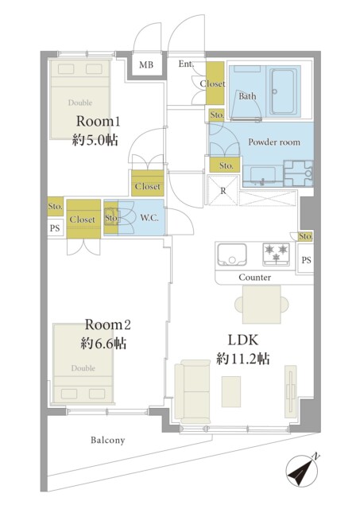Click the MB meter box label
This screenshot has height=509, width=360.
[x=146, y=64]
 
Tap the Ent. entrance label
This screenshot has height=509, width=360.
[x=186, y=64]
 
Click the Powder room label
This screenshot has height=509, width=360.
[x=274, y=142]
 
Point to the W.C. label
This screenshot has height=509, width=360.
[x=149, y=217]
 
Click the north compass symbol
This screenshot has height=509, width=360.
[x=302, y=470]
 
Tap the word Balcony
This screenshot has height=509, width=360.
[x=107, y=440]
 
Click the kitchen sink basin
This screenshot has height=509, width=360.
[x=231, y=254]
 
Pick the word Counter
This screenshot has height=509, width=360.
[x=255, y=278]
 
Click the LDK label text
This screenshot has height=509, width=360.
[x=243, y=340]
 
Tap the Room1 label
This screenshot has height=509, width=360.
[x=99, y=122]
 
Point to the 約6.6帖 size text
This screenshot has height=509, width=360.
[x=103, y=343]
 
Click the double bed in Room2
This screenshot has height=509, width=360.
[x=83, y=363]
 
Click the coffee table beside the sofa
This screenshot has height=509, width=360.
[x=231, y=391]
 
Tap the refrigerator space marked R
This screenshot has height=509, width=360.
[x=223, y=191]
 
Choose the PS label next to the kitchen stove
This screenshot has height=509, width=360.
[x=306, y=260]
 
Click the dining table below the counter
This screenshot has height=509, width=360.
[x=261, y=305]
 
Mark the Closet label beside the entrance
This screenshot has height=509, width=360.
[x=212, y=84]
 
